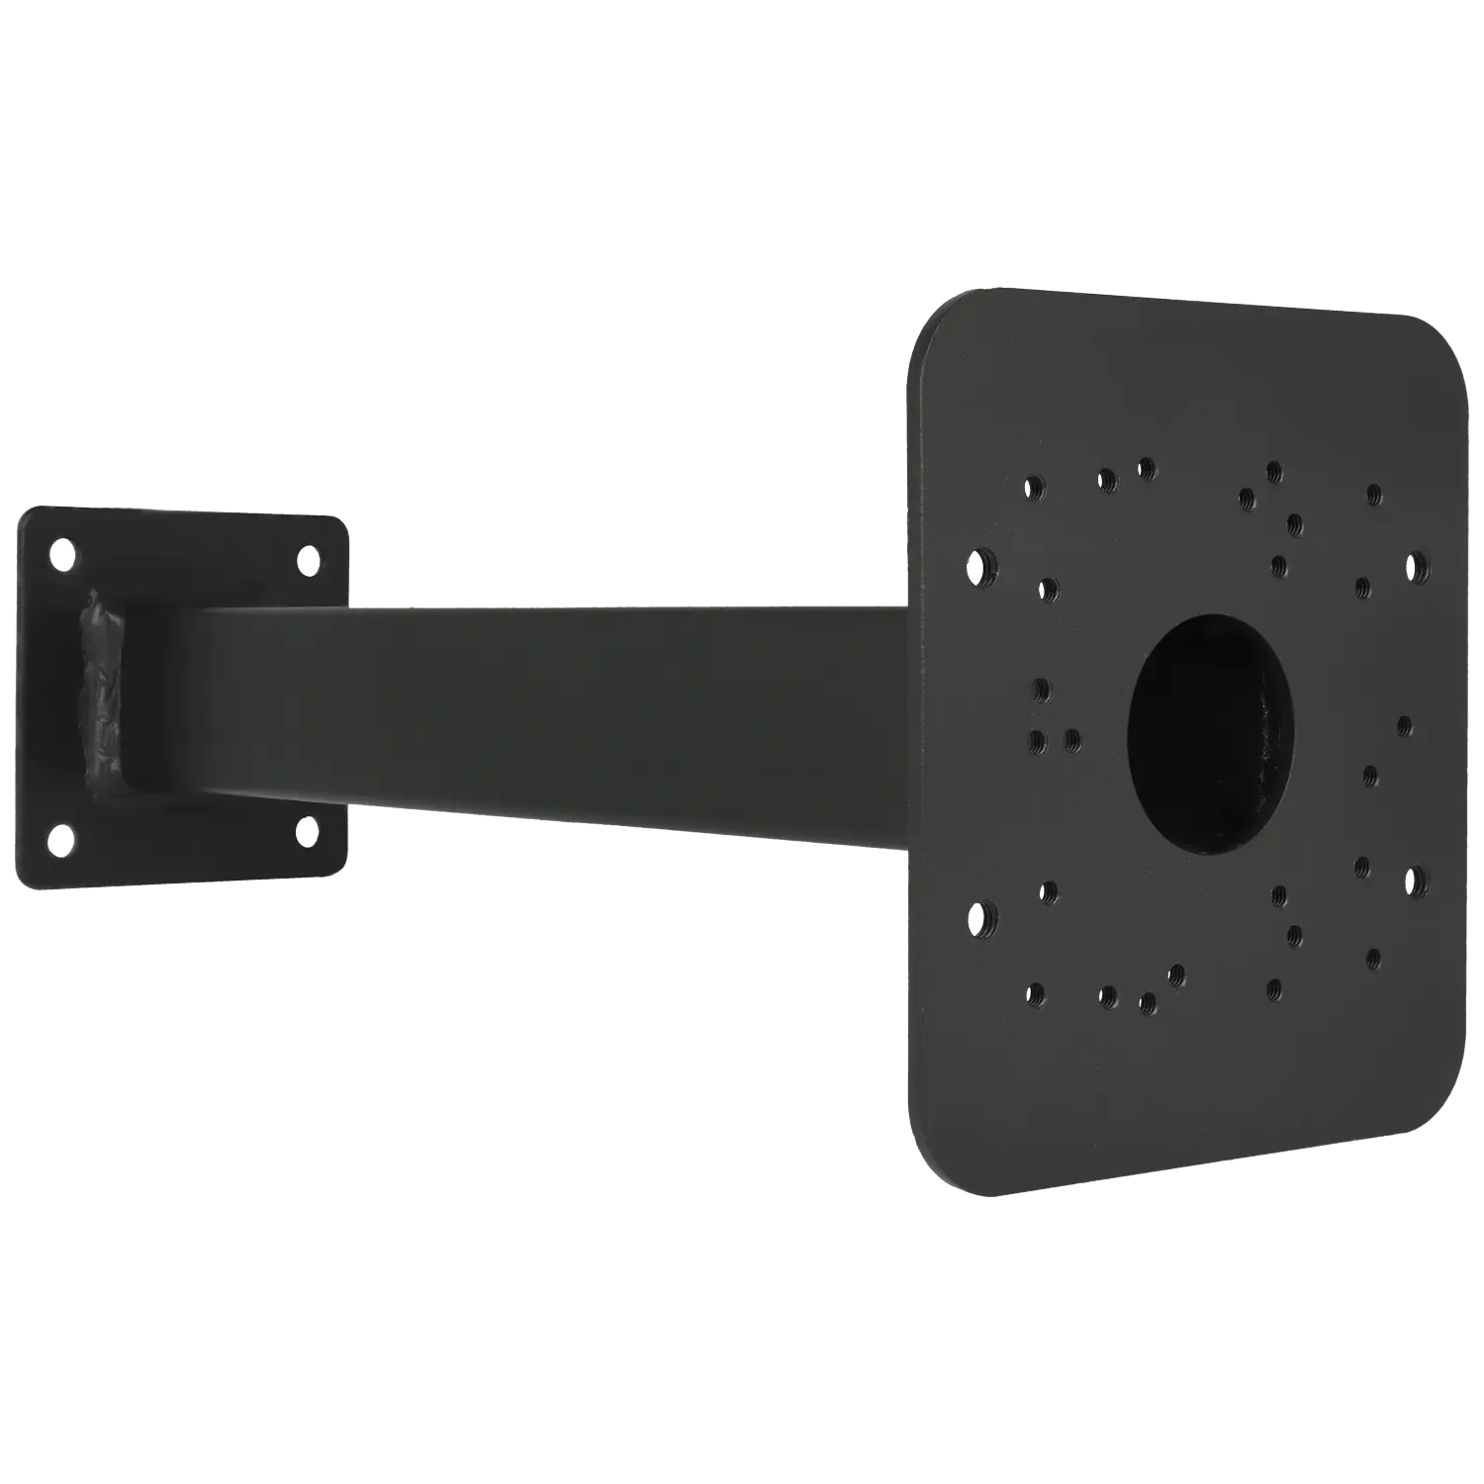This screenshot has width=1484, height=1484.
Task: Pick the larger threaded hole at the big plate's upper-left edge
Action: pyautogui.click(x=980, y=567)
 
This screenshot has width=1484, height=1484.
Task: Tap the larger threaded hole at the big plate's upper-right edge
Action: pyautogui.click(x=1417, y=565)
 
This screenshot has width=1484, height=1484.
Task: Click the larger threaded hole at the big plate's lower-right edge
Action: pyautogui.click(x=1416, y=881)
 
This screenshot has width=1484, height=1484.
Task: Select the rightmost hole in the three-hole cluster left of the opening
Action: pyautogui.click(x=1072, y=740)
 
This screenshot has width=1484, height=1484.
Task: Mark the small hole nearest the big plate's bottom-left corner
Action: pyautogui.click(x=1036, y=992)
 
